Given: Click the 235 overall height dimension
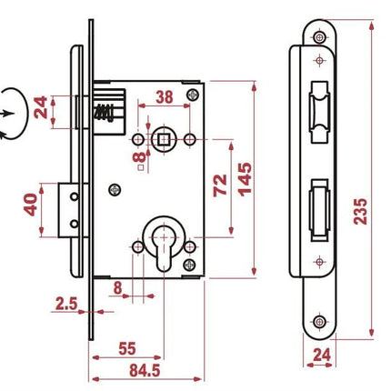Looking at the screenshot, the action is (x=360, y=211).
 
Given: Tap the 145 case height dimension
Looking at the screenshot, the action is (x=245, y=179).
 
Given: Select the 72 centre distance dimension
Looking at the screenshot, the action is (x=220, y=185).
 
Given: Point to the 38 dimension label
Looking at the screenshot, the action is (x=165, y=97).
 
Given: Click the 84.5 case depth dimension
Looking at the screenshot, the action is (x=145, y=370).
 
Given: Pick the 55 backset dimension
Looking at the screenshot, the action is (x=127, y=348).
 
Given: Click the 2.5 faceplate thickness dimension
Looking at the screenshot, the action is (x=66, y=304).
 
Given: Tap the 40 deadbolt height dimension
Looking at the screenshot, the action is (x=31, y=205).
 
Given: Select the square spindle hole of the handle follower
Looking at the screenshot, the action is (x=164, y=140).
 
